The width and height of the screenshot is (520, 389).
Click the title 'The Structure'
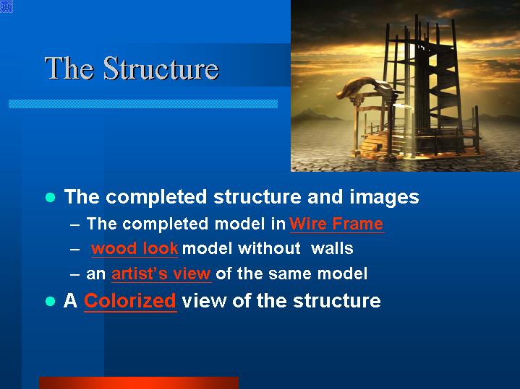[132, 68]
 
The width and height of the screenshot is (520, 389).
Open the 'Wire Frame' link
[336, 224]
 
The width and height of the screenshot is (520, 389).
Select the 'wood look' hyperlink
[135, 248]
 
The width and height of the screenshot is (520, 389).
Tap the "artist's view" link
[161, 274]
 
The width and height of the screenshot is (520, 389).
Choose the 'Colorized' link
[130, 301]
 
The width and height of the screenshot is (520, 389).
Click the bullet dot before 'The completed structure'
[51, 197]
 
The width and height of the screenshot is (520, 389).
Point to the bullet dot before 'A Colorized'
[51, 301]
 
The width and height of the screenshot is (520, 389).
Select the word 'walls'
[332, 248]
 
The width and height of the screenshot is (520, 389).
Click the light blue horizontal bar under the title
[143, 104]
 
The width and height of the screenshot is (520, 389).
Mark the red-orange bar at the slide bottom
[139, 383]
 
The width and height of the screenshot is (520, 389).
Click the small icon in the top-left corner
[7, 6]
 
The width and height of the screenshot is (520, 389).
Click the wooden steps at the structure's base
[373, 143]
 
